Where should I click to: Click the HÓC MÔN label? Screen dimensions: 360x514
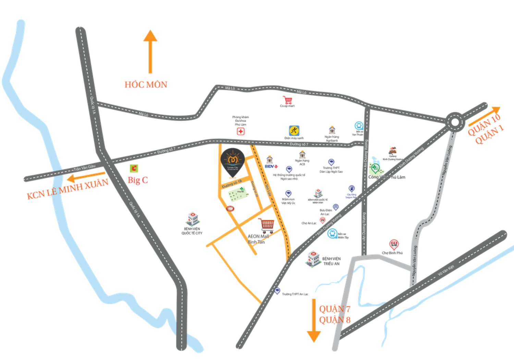click(x=146, y=84)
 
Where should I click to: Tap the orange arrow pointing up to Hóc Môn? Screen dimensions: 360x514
click(x=150, y=51)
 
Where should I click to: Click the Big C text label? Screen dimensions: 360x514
click(x=138, y=180)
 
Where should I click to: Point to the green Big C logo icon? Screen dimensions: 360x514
click(x=134, y=168)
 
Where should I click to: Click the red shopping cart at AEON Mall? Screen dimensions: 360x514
click(x=267, y=225)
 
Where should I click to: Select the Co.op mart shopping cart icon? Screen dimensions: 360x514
click(x=287, y=100)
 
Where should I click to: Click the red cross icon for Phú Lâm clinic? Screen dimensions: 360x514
click(x=241, y=132)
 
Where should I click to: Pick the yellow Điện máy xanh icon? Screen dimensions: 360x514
click(x=294, y=131)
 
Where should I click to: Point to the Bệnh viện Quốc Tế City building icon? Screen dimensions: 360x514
click(x=192, y=219)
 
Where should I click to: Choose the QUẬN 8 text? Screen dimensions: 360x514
click(x=334, y=320)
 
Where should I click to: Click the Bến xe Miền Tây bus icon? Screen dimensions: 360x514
click(x=332, y=233)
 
